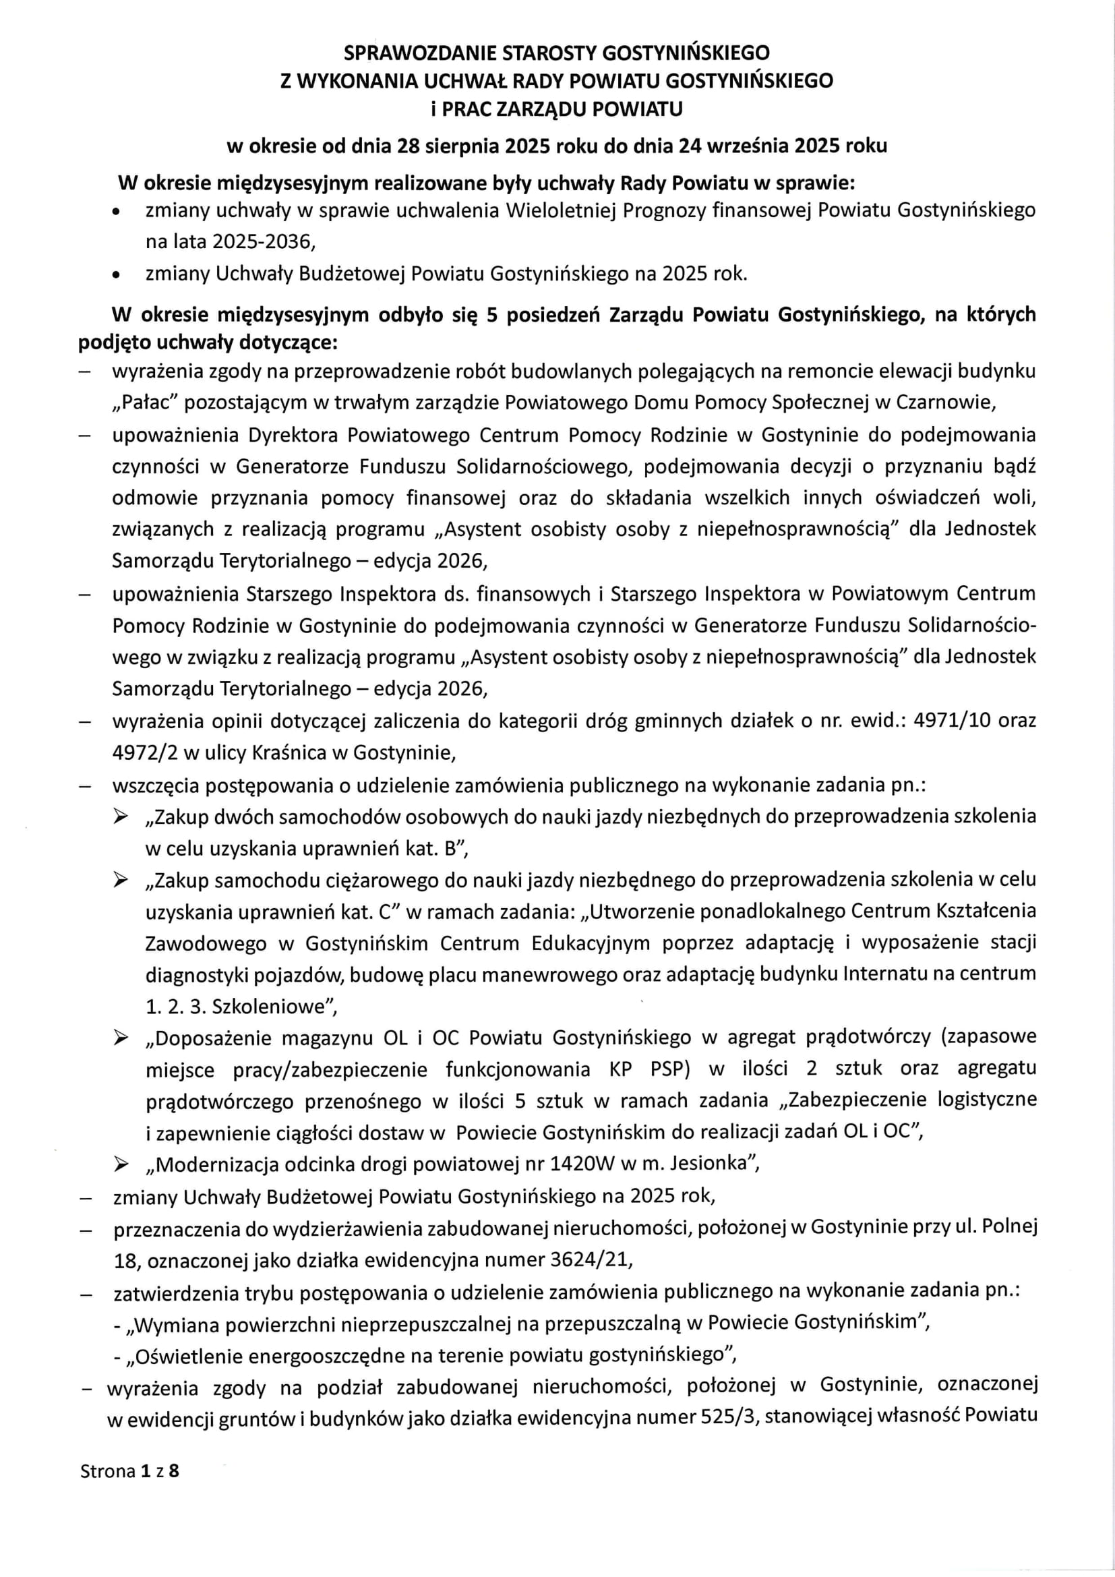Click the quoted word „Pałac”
pyautogui.click(x=145, y=403)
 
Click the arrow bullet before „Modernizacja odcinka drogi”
pyautogui.click(x=121, y=1164)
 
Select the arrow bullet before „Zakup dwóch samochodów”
pyautogui.click(x=121, y=816)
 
